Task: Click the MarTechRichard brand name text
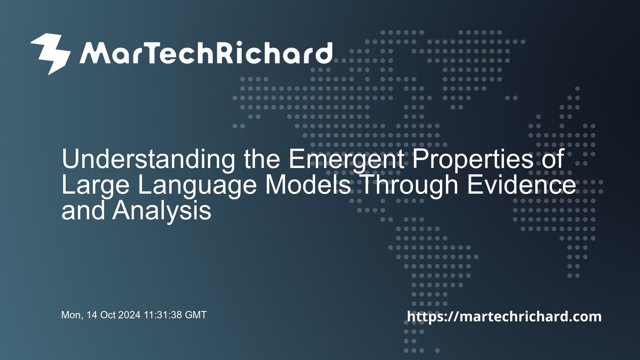click(207, 54)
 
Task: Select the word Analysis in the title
click(162, 212)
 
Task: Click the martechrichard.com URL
click(504, 316)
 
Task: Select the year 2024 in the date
click(130, 315)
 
